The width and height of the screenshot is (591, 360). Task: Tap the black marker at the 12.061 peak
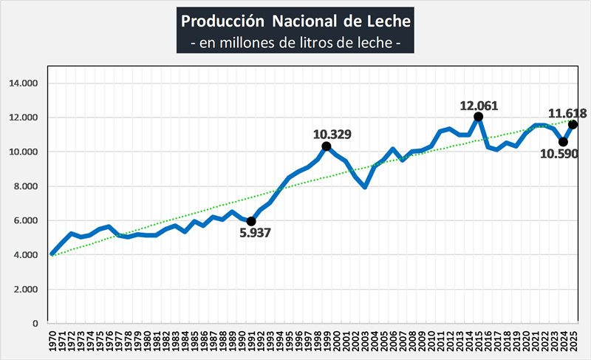coord(478,117)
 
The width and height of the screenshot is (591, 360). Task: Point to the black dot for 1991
coord(251,221)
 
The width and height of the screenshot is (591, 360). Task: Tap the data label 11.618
coord(567,113)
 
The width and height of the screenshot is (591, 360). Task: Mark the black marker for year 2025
coord(573,124)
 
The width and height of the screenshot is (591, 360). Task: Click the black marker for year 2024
coord(563,142)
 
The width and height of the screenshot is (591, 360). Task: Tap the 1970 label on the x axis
coord(52,341)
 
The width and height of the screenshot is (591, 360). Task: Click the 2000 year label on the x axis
coord(336,341)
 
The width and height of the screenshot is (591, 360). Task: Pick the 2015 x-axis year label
coord(478,341)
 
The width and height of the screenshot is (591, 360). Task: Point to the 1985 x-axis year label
coord(194,341)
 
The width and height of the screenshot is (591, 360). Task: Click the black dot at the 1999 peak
coord(327,146)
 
